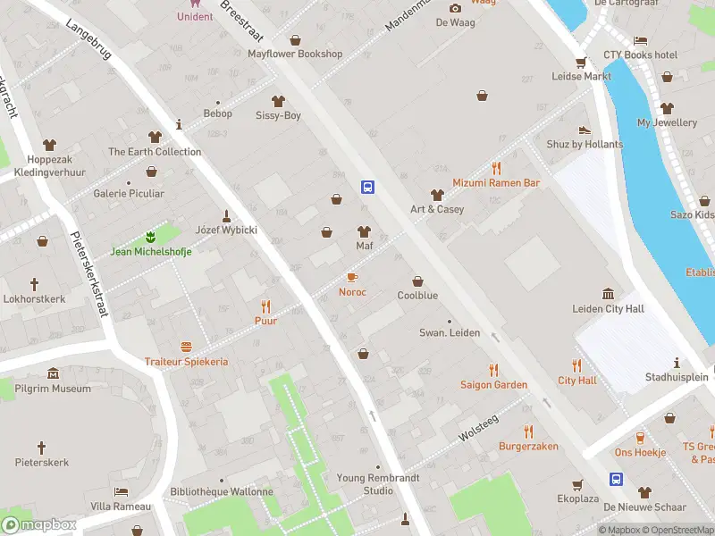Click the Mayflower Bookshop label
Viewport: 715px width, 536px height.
tap(295, 54)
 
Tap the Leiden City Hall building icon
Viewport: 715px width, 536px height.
tap(608, 294)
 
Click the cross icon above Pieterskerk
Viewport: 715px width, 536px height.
tap(41, 447)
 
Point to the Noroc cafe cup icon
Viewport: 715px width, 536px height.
tap(352, 277)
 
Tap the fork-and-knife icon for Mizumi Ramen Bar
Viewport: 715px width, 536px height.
tap(496, 168)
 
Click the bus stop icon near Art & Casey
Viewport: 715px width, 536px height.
tap(367, 187)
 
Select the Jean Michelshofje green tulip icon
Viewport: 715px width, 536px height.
tap(151, 237)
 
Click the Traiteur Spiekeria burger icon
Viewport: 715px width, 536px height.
tap(187, 347)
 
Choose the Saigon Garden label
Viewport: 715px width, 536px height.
tap(493, 385)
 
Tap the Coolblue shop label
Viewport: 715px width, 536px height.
tap(417, 296)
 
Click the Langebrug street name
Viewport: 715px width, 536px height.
tap(88, 39)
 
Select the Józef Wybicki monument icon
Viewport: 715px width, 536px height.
tap(227, 215)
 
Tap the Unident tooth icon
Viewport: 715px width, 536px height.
tap(195, 4)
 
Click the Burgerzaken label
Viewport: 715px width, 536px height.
tap(528, 446)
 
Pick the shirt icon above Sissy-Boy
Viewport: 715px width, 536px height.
tap(278, 101)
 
